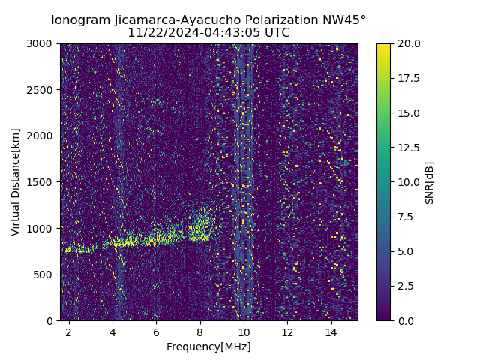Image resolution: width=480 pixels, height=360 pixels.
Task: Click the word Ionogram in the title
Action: click(x=80, y=20)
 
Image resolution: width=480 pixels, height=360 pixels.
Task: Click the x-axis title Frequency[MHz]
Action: click(x=208, y=346)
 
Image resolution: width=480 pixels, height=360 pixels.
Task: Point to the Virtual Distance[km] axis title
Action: click(x=16, y=181)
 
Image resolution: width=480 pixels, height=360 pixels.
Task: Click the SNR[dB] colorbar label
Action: click(x=430, y=181)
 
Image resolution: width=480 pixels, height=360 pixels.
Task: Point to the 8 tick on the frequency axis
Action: click(x=199, y=331)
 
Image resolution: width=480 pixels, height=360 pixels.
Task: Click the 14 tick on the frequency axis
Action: click(x=331, y=331)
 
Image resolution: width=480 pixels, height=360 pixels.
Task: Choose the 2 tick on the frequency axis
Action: click(x=69, y=331)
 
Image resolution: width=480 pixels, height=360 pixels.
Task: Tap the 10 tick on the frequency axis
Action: click(x=243, y=331)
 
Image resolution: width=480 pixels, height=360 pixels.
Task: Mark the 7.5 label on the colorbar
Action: click(x=405, y=217)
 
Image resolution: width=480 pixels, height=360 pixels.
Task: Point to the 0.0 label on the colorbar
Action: click(x=405, y=320)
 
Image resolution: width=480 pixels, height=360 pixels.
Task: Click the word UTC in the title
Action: click(x=277, y=33)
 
